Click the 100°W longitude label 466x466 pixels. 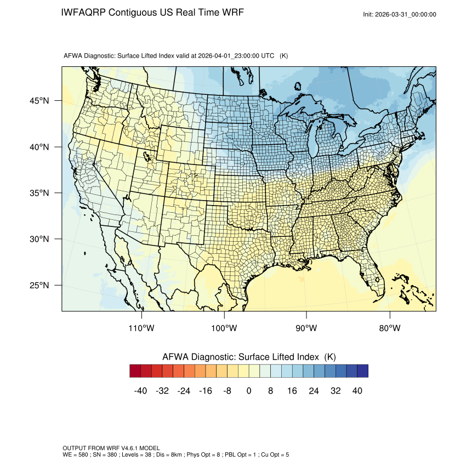pos(224,328)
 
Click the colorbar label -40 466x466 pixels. pos(141,391)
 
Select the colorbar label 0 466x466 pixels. pos(249,391)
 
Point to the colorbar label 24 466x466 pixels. pos(314,391)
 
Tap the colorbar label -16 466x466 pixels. pos(206,391)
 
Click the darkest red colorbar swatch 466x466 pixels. pos(135,371)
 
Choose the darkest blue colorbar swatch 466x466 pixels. pos(362,371)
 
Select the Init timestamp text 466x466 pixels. pos(400,15)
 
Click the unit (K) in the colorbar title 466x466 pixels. pos(329,357)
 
